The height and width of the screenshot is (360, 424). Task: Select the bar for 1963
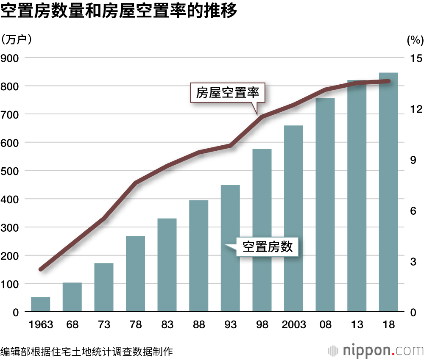(41, 305)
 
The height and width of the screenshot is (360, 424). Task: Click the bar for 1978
(136, 274)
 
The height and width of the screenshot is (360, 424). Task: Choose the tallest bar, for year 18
(388, 192)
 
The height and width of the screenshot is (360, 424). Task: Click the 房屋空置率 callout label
(227, 92)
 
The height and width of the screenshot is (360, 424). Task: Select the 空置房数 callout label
(267, 246)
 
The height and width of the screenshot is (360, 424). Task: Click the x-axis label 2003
(293, 325)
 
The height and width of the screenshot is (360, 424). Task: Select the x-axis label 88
(199, 325)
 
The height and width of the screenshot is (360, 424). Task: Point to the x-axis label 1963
(41, 325)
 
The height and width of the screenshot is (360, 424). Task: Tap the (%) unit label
(415, 40)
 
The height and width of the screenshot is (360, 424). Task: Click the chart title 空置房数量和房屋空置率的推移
(118, 12)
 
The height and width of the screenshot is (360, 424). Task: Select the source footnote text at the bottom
(86, 351)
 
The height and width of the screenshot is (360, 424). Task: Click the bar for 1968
(72, 297)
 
